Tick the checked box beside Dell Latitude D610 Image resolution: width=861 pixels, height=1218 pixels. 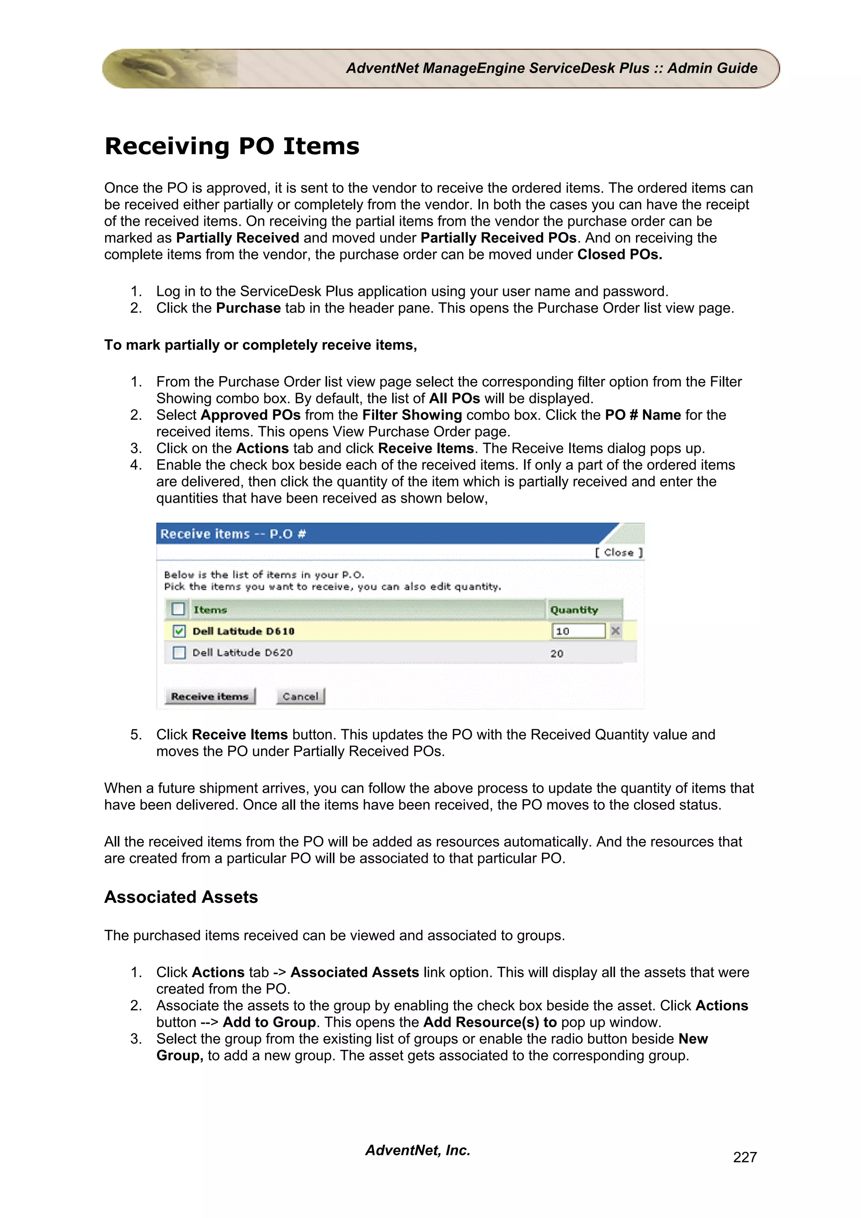coord(180,631)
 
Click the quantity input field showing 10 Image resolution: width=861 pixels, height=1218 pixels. coord(578,631)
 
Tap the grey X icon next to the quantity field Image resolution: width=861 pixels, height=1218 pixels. coord(615,631)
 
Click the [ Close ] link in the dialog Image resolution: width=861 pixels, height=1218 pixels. coord(618,552)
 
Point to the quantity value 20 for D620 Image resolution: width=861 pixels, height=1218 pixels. coord(557,654)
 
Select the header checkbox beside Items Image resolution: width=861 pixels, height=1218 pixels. coord(178,609)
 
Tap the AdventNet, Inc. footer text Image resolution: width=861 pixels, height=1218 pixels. coord(417,1150)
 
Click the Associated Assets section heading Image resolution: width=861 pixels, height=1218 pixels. coord(181,897)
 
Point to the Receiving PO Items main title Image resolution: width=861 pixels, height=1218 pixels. coord(232,146)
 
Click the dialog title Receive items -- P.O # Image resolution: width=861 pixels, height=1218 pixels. coord(233,534)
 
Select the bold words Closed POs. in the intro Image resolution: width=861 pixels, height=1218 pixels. coord(619,255)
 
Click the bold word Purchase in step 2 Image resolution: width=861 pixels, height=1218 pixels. coord(248,308)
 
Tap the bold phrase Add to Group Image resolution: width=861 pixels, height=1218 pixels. coord(269,1022)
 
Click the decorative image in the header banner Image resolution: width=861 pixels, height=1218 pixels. coord(170,69)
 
